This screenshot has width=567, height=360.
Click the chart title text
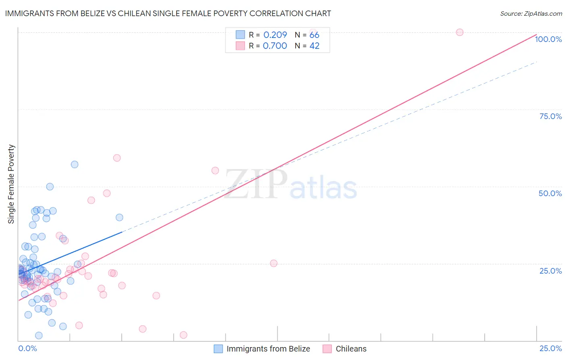(x=168, y=13)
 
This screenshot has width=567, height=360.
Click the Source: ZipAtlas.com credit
(x=531, y=14)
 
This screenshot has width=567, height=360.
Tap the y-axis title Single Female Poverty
(x=11, y=184)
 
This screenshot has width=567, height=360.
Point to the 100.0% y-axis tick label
(x=548, y=39)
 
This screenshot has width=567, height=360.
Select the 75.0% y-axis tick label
(x=550, y=116)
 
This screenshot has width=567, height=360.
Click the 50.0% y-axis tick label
(x=550, y=193)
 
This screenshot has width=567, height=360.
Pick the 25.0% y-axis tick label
(x=550, y=271)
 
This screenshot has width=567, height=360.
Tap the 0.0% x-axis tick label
(x=27, y=348)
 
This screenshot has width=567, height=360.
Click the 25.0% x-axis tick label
(x=550, y=348)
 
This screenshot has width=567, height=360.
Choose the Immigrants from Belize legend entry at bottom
(x=262, y=349)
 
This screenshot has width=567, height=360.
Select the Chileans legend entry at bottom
(x=345, y=349)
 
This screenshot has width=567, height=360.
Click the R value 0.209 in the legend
(x=275, y=35)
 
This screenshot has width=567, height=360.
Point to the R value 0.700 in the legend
(x=275, y=46)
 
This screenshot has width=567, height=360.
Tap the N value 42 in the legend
(x=314, y=46)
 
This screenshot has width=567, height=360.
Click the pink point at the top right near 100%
(x=459, y=32)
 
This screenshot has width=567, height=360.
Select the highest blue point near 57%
(x=75, y=164)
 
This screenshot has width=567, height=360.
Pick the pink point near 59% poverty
(x=117, y=158)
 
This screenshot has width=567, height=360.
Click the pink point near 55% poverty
(x=215, y=171)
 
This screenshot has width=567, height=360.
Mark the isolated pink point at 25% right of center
(x=273, y=263)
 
